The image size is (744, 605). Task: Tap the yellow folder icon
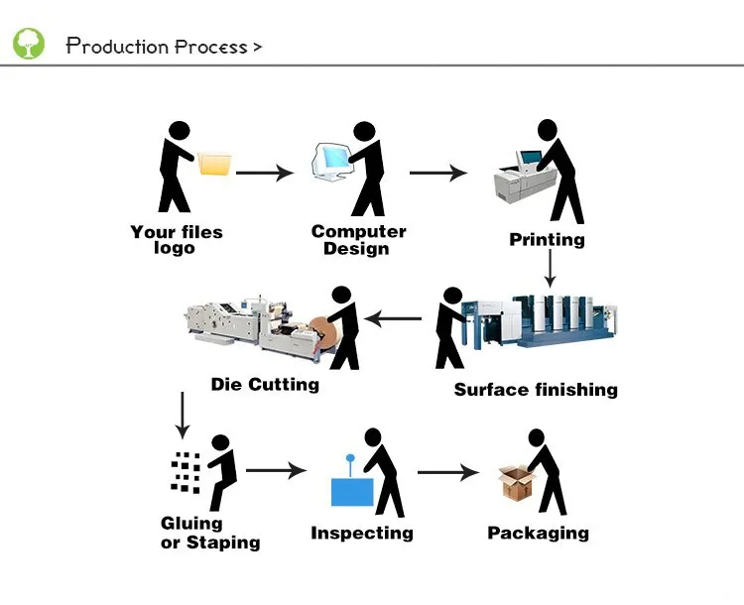[x=214, y=164]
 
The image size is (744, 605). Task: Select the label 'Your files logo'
[x=176, y=240]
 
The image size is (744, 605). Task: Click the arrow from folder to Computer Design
[x=265, y=173]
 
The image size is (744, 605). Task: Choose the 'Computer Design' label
[x=358, y=240]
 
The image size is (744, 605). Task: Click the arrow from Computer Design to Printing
[x=437, y=173]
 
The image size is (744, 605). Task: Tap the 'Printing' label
[x=547, y=239]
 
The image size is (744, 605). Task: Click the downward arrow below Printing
[x=549, y=268]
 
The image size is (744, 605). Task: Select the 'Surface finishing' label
[x=536, y=389]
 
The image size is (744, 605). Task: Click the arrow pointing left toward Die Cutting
[x=394, y=319]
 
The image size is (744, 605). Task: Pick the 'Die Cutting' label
[x=265, y=384]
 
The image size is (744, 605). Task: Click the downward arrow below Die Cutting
[x=182, y=416]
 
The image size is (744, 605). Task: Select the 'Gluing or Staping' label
[x=210, y=533]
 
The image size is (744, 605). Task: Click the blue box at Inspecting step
[x=352, y=491]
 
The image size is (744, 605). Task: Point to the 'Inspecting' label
[x=361, y=534]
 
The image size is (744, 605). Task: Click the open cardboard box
[x=516, y=483]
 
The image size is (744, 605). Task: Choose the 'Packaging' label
[x=538, y=534]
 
